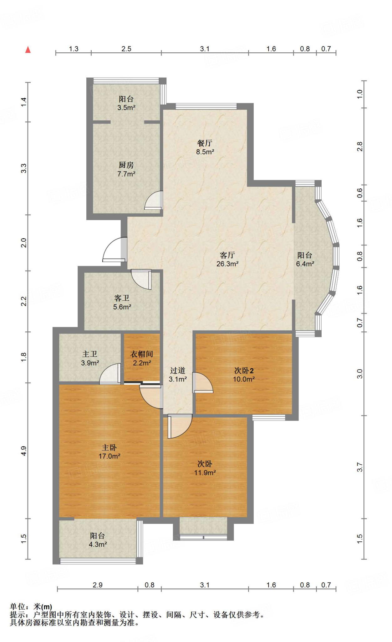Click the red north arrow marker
click(x=28, y=50)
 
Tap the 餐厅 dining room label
click(x=205, y=143)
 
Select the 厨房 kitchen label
click(x=126, y=165)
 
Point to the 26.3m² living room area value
click(x=227, y=264)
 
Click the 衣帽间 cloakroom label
click(x=142, y=354)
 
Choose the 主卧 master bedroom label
click(x=109, y=448)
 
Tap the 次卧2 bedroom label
click(x=244, y=371)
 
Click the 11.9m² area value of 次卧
click(x=205, y=473)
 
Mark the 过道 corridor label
click(x=177, y=371)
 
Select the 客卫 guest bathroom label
click(x=122, y=298)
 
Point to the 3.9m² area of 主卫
click(x=90, y=363)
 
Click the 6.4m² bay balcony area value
click(x=305, y=264)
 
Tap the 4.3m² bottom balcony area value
click(x=98, y=545)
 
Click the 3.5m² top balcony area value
click(x=126, y=108)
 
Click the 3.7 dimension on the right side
click(x=360, y=467)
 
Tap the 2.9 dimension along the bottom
click(x=98, y=585)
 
